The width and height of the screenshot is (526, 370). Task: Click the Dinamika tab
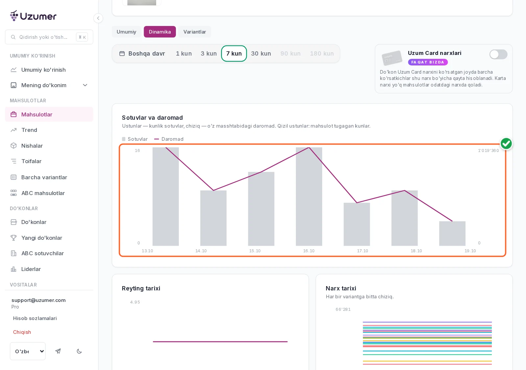(160, 32)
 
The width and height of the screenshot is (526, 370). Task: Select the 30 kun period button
(261, 54)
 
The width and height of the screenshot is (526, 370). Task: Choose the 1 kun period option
(184, 54)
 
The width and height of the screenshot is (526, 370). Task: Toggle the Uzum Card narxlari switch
(498, 54)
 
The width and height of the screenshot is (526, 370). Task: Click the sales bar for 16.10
(309, 197)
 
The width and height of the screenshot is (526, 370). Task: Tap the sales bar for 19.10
(452, 234)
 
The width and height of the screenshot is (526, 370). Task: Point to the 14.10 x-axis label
(201, 251)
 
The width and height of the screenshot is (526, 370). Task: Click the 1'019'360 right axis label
(488, 151)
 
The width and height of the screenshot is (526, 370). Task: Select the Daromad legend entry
(169, 139)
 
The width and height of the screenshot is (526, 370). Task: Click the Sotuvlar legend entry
(135, 139)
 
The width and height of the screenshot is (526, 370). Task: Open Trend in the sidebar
(29, 130)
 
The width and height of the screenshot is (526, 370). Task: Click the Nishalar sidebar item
(32, 146)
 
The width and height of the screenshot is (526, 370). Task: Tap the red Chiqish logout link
(22, 332)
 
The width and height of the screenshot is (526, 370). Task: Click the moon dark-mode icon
(79, 351)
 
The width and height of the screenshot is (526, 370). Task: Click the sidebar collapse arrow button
(98, 18)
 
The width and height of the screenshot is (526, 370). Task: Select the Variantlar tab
(194, 32)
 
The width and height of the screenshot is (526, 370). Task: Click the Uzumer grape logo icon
(14, 16)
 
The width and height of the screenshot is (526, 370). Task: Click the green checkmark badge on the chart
(506, 143)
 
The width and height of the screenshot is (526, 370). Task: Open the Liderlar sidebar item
(31, 269)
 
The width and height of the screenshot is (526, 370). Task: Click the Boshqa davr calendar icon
(122, 54)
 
